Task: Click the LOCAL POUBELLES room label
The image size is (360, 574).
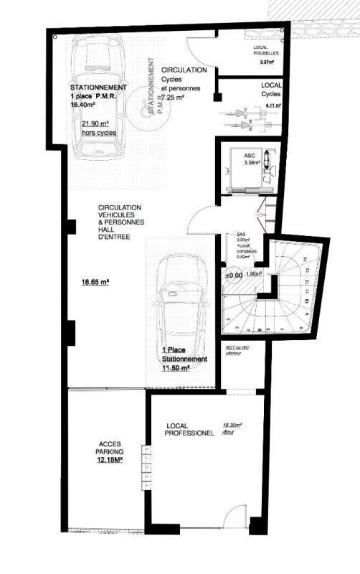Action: tap(265, 51)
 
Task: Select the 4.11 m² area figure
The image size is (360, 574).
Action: tap(272, 105)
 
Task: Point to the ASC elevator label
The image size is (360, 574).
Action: tap(250, 155)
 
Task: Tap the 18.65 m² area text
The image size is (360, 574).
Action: tap(95, 283)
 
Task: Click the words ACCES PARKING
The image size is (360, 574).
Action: tap(110, 448)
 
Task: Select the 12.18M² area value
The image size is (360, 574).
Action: tap(110, 461)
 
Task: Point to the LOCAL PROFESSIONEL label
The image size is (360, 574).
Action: tap(185, 430)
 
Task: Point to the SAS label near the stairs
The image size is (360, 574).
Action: tap(230, 235)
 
